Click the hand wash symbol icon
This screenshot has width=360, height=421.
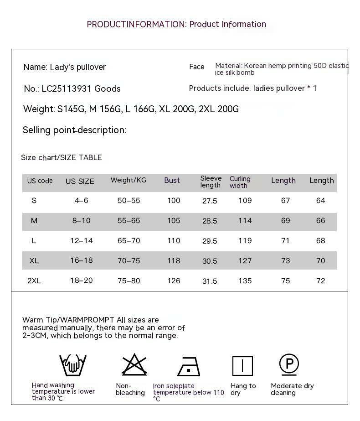tap(73, 365)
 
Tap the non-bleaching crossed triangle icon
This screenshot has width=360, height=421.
tap(134, 365)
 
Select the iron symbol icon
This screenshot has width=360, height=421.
tap(189, 366)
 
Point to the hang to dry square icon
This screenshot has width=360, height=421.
tap(242, 366)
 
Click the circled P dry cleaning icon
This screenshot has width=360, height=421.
tap(289, 364)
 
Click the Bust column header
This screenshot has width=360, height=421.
tap(172, 181)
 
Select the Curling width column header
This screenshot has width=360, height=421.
tap(240, 182)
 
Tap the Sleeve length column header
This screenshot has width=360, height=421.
tap(211, 182)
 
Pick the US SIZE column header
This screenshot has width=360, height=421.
tap(80, 181)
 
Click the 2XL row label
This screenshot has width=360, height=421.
tap(34, 281)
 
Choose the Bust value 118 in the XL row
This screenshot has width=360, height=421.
tap(174, 261)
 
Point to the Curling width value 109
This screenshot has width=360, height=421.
tap(245, 201)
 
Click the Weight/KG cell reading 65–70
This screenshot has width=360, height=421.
tap(129, 241)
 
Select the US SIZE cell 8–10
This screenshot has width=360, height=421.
tap(81, 221)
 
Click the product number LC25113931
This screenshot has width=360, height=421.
tap(61, 89)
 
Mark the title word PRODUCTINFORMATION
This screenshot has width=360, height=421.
tap(136, 25)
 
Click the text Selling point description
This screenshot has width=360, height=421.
tap(74, 130)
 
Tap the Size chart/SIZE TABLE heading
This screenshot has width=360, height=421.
tap(62, 158)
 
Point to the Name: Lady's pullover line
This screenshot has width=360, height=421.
tap(65, 68)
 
